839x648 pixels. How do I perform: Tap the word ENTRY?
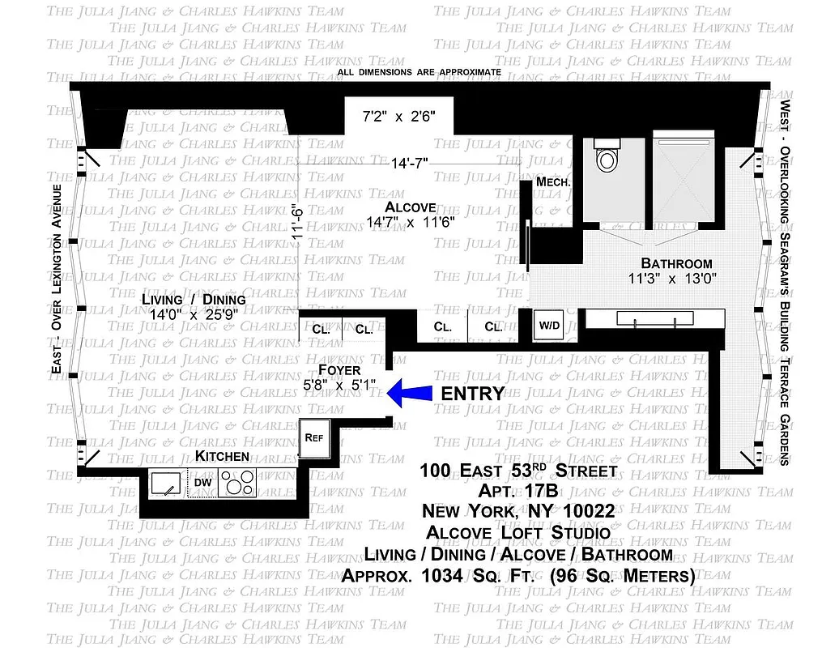[472, 394]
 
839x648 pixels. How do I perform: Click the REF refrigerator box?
[313, 437]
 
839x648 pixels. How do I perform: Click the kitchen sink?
[168, 484]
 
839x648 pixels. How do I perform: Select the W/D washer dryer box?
[549, 326]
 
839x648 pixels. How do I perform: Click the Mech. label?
[554, 182]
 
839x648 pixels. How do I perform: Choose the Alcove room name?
[411, 206]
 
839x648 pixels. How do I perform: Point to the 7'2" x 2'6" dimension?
[398, 117]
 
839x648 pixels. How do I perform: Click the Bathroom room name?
[676, 263]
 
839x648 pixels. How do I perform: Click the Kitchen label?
[222, 456]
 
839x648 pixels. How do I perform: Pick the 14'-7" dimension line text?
[410, 162]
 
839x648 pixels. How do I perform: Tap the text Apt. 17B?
[518, 491]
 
